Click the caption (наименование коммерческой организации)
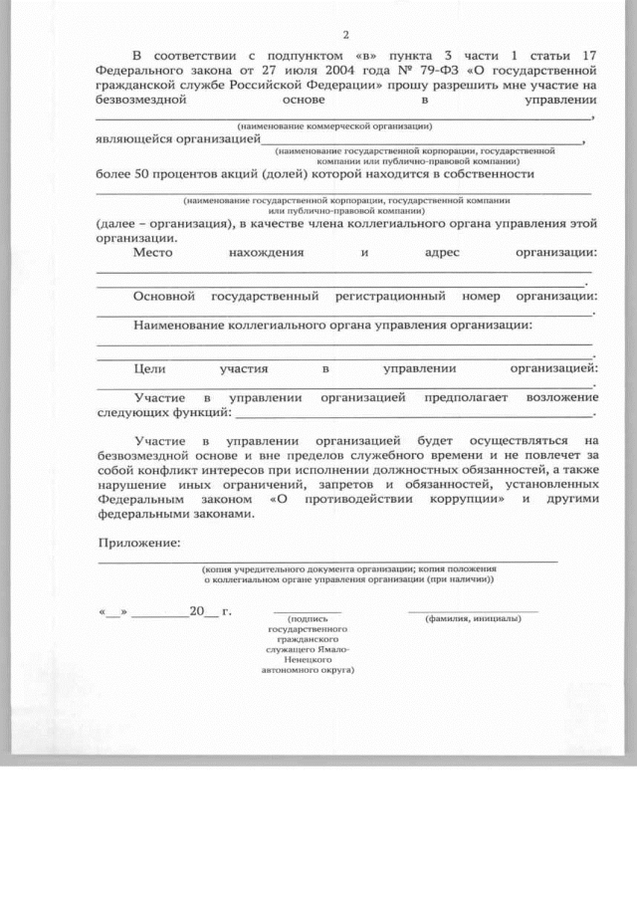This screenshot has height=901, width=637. (x=334, y=126)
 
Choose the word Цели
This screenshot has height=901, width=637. (x=149, y=368)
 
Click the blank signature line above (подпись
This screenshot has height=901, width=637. (x=307, y=610)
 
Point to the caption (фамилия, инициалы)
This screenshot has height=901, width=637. (x=473, y=618)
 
